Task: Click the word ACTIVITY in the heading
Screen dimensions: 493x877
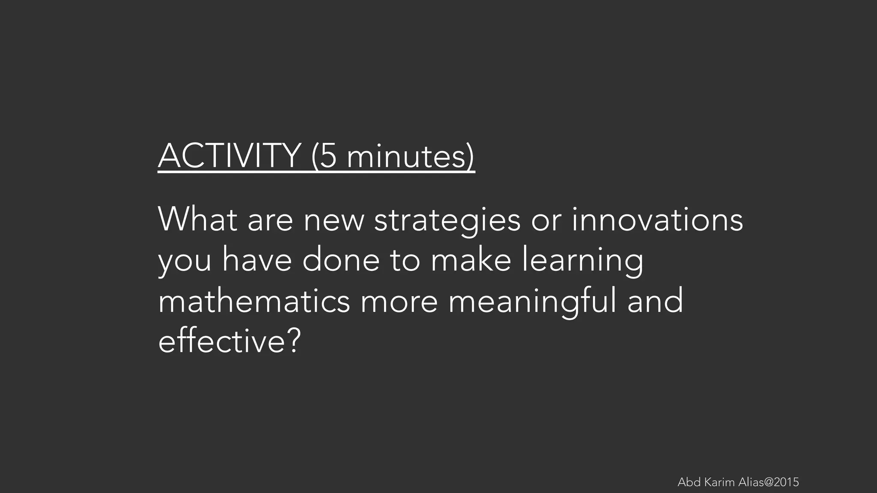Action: pos(229,156)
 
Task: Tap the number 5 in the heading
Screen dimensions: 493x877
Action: pos(328,156)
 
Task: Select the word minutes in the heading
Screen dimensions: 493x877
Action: pos(406,157)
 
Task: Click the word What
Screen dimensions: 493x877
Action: pos(197,219)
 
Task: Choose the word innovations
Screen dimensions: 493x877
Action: pos(657,219)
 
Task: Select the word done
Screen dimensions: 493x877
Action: pos(341,260)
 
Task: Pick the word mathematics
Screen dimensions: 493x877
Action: pos(254,301)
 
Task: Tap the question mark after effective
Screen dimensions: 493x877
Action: pos(293,342)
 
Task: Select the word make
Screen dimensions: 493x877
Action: pos(471,260)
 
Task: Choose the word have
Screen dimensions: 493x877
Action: pos(257,260)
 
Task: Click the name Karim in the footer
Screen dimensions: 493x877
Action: pos(719,482)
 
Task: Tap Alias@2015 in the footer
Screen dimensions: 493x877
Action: pos(769,482)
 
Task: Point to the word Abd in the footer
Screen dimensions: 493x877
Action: pos(689,482)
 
